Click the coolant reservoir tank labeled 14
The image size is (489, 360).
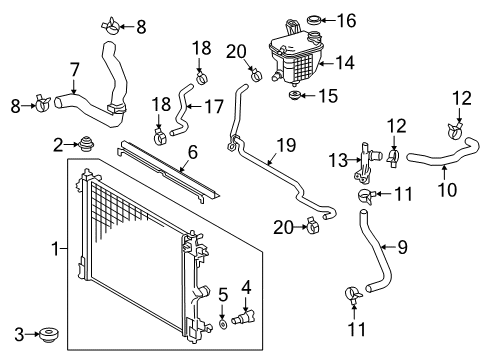point(300,60)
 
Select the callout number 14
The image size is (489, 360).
point(346,61)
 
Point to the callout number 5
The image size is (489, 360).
point(221,295)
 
